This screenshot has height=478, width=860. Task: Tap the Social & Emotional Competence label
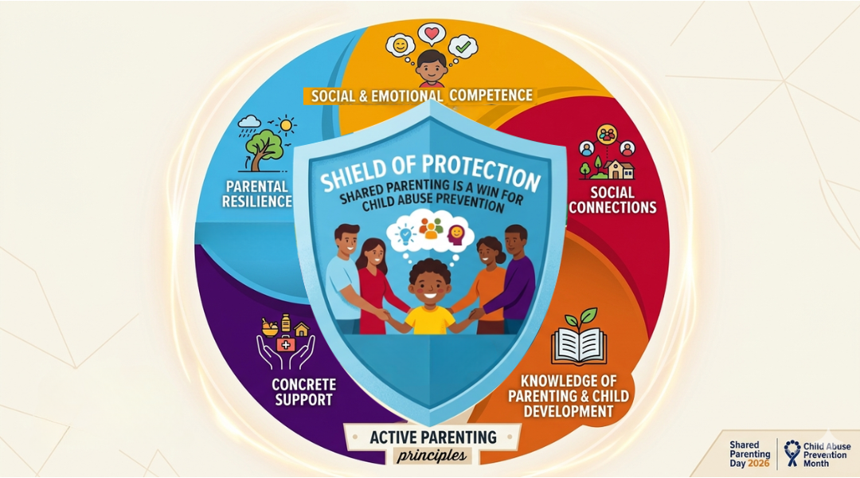[421, 96]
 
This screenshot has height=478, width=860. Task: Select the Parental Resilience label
[257, 194]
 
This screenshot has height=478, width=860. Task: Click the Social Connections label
[612, 200]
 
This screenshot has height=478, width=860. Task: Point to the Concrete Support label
[303, 392]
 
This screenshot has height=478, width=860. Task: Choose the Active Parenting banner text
[433, 437]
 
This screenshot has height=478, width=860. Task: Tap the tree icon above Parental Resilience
[265, 146]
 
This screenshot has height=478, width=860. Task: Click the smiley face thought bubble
[398, 45]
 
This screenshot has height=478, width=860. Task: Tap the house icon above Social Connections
[620, 168]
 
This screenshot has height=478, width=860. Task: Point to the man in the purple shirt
[514, 279]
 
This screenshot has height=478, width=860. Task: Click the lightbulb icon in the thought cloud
[405, 233]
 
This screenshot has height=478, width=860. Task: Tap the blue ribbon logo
[792, 453]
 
